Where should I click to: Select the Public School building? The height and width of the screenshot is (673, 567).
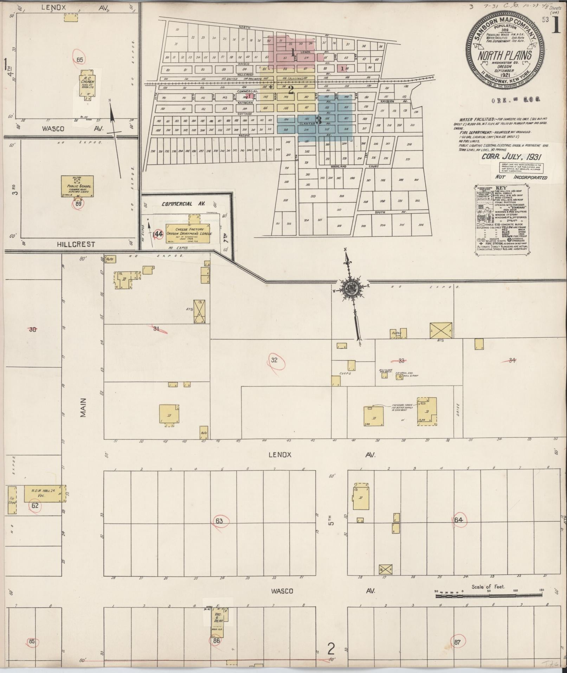pos(77,186)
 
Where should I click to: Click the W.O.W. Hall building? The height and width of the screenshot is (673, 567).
pos(42,494)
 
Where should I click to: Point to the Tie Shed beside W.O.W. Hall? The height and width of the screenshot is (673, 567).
pos(12,500)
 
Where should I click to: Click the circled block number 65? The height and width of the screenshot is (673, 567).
pos(79,60)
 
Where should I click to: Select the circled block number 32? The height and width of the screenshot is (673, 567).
pos(275,360)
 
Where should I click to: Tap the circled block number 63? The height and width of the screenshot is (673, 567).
pos(219,521)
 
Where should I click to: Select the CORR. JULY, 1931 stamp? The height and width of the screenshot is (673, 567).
pos(511,157)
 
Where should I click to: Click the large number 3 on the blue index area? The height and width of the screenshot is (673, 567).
pos(319,121)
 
